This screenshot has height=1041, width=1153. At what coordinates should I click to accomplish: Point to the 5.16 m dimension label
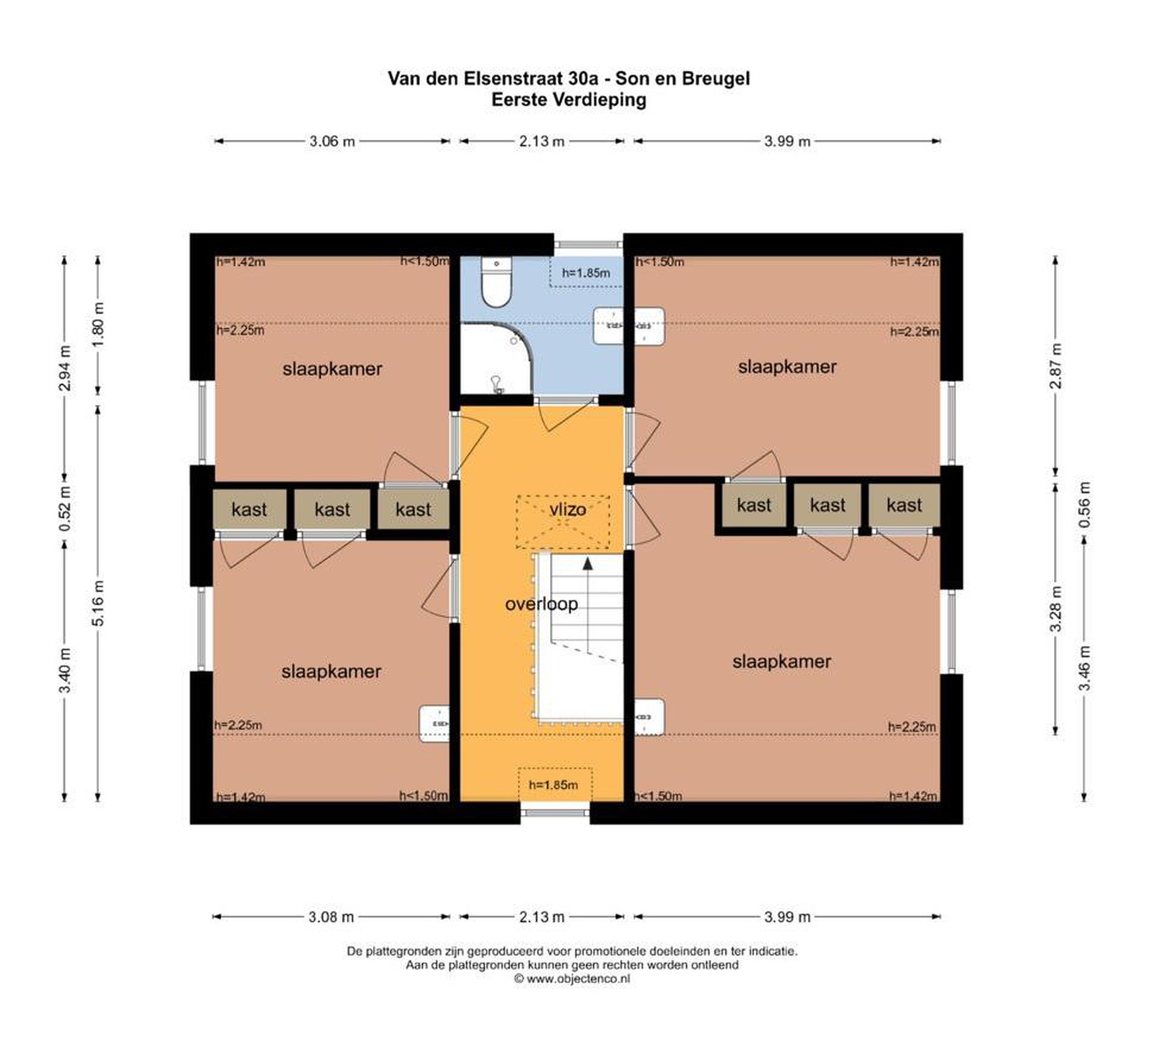98,603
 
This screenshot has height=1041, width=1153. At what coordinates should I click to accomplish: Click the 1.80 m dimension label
98,324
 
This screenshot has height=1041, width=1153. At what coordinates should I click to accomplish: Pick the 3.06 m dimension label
332,141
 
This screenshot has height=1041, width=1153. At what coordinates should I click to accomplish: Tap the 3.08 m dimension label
332,917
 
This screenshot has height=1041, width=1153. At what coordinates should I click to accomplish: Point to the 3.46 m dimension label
1085,668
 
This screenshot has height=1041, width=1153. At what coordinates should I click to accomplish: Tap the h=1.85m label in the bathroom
586,273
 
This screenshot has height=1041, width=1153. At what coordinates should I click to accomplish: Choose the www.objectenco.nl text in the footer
578,979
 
